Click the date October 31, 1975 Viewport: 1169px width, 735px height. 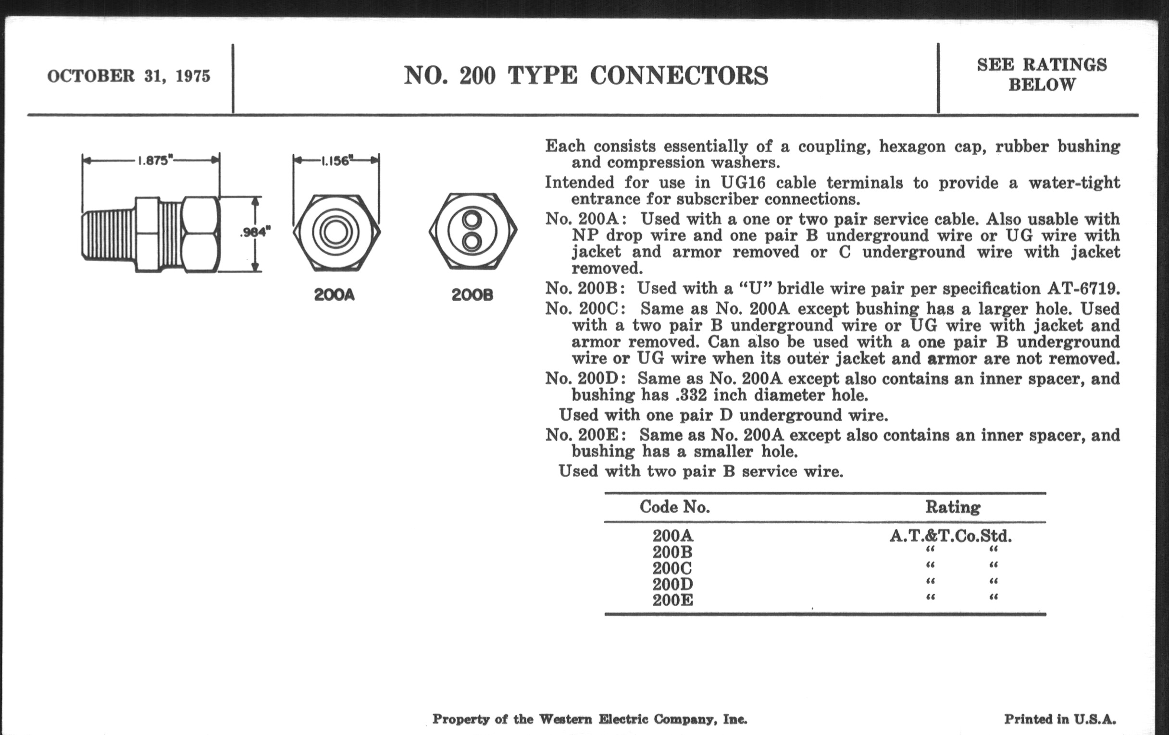click(x=129, y=76)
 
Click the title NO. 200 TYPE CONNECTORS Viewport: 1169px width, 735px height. click(x=586, y=76)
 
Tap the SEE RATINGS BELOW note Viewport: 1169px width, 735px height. click(x=1042, y=75)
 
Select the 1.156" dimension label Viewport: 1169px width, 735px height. click(x=336, y=161)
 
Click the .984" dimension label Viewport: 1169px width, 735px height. click(x=255, y=233)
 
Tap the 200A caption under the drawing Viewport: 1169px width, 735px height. click(x=334, y=294)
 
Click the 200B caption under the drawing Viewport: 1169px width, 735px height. click(x=472, y=294)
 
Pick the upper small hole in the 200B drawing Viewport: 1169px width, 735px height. click(x=471, y=219)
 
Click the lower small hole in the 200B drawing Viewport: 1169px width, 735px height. click(x=471, y=241)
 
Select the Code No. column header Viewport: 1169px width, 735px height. click(x=674, y=507)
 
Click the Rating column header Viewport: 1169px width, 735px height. click(x=953, y=507)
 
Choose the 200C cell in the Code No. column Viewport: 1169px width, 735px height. click(x=672, y=568)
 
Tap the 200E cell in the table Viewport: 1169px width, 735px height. click(x=672, y=600)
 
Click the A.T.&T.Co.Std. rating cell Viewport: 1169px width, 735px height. click(x=951, y=536)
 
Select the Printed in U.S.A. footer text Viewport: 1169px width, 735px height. click(x=1060, y=719)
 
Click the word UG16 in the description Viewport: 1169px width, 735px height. click(x=743, y=183)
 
